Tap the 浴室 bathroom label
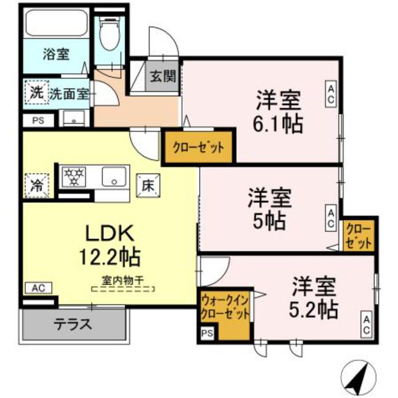tap(56, 54)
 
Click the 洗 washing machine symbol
tap(35, 93)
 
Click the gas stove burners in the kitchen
tap(74, 175)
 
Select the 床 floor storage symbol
tap(147, 185)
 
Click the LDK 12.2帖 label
tap(110, 244)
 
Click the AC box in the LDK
tap(38, 288)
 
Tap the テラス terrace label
tap(74, 323)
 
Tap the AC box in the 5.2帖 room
tap(366, 324)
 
